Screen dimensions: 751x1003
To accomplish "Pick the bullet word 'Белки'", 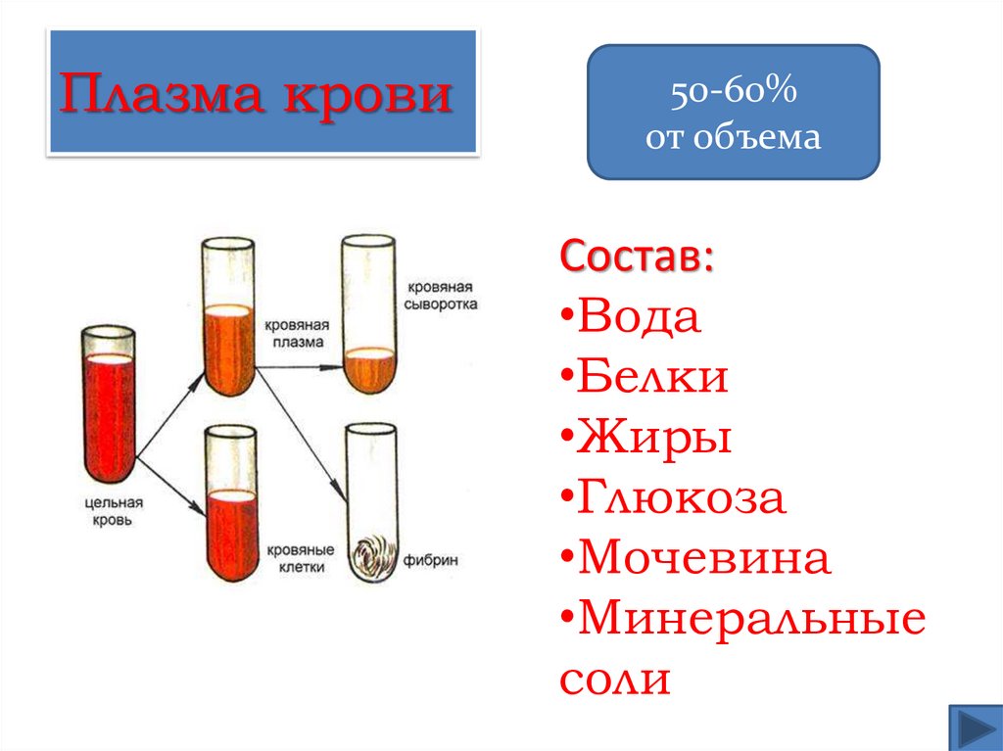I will coord(653,377).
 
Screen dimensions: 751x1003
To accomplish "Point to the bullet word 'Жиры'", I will coord(655,438).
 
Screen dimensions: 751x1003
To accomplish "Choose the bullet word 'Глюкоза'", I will coord(682,498).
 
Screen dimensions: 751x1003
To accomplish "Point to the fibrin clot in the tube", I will coord(371,559).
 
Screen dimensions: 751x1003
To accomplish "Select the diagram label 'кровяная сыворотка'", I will coord(443,295).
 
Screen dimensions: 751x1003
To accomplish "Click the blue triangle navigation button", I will coord(975,728).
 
